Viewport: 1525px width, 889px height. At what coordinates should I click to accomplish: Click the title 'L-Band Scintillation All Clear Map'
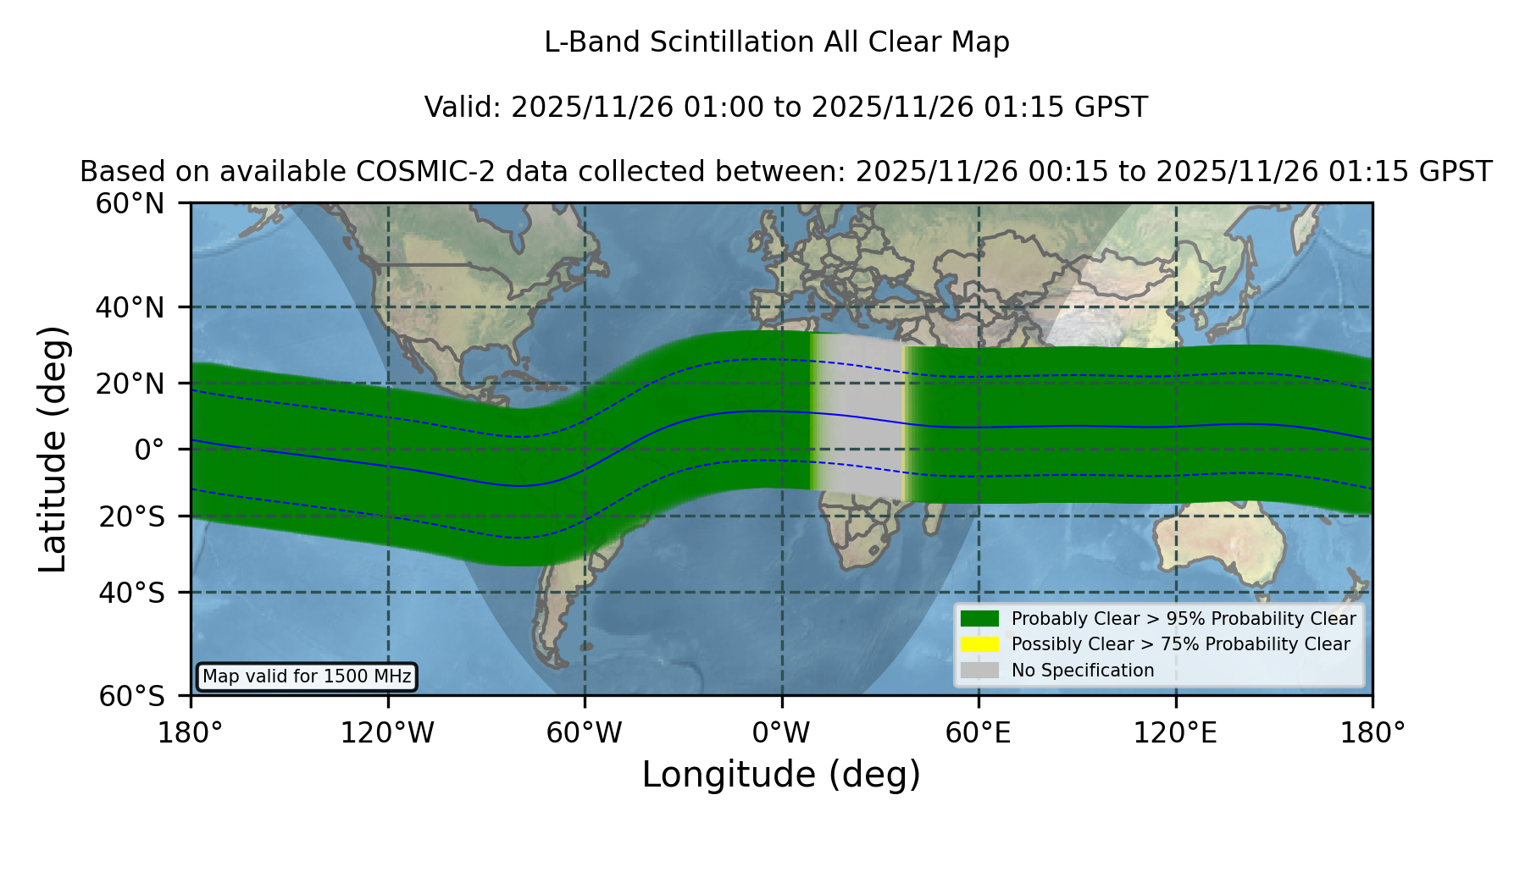pos(776,42)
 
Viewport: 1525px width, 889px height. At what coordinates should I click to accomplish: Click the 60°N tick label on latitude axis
pos(130,204)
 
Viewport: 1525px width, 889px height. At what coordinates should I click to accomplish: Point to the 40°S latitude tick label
pos(131,593)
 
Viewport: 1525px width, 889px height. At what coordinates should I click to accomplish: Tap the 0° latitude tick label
pos(149,450)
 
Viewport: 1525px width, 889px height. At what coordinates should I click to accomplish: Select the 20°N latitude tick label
pos(130,384)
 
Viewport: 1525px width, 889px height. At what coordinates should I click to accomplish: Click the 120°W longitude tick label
pos(387,733)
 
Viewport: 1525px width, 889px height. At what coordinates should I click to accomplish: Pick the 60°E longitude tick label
pos(979,733)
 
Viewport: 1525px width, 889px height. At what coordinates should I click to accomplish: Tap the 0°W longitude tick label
pos(782,733)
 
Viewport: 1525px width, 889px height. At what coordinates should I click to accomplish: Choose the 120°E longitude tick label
pos(1175,733)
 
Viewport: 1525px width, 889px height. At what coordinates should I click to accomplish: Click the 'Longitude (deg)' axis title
pos(781,775)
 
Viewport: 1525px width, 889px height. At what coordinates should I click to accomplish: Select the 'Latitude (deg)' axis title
pos(53,449)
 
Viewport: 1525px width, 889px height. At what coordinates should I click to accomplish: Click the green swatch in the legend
pos(979,618)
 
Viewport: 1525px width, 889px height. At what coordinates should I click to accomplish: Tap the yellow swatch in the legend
pos(979,644)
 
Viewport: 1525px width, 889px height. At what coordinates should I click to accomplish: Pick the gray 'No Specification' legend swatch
pos(979,671)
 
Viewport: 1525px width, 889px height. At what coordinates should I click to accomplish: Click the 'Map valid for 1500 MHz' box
pos(307,676)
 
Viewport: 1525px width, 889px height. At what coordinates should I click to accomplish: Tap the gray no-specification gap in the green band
pos(857,415)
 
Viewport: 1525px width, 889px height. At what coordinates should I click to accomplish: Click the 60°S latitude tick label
pos(131,697)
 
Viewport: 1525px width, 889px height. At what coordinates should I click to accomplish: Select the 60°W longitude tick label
pos(585,733)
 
